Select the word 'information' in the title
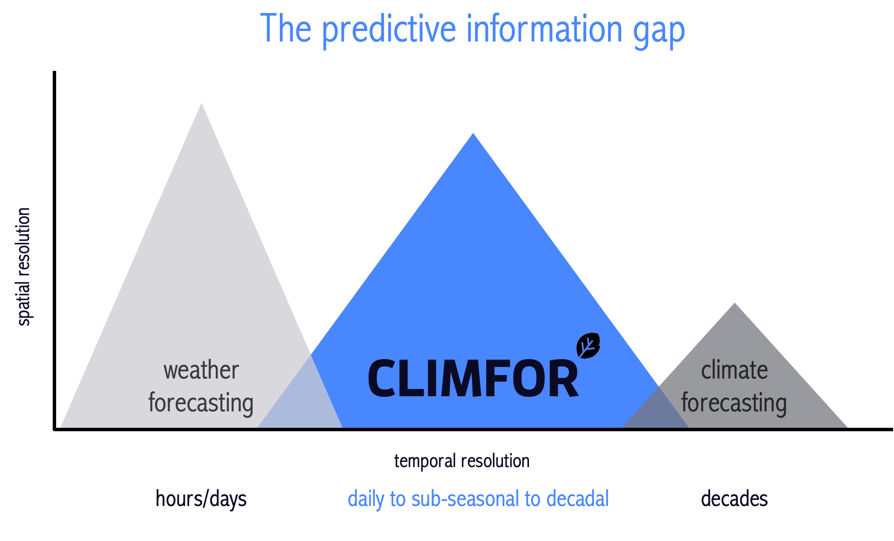pos(545,28)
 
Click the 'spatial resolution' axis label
pos(24,267)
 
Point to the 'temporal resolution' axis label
pos(462,461)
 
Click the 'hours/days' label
pos(201,499)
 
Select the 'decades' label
pos(734,499)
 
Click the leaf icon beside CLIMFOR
pos(588,346)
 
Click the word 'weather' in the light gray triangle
pos(201,371)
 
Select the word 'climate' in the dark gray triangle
pos(734,370)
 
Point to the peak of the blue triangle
pos(473,133)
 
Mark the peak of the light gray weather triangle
pos(201,103)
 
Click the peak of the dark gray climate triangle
pos(735,303)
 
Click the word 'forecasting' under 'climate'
pos(734,403)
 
